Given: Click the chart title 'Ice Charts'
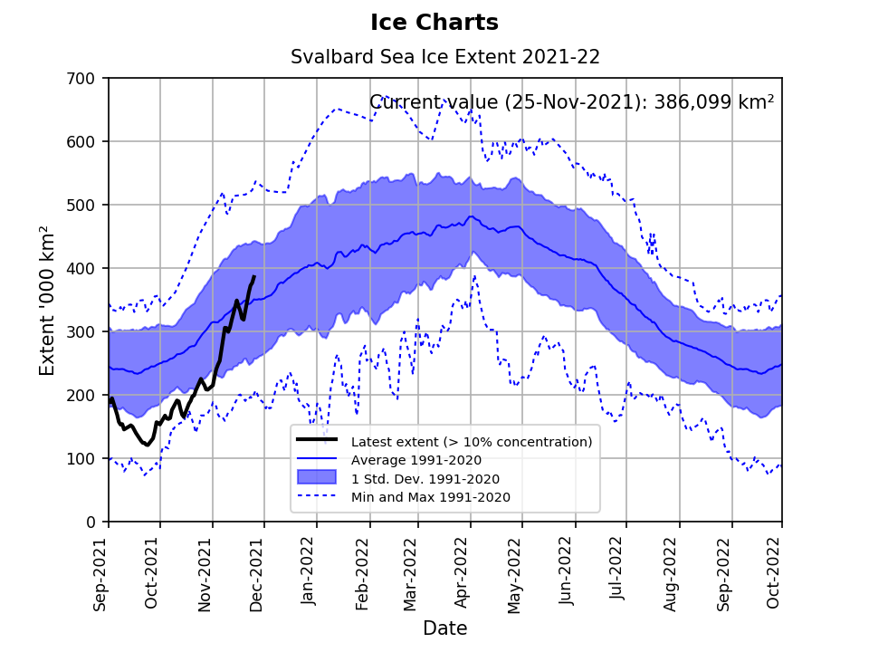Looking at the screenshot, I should pyautogui.click(x=434, y=23).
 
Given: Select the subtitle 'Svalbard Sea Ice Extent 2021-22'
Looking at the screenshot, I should pyautogui.click(x=444, y=57).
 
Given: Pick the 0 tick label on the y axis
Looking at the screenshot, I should pyautogui.click(x=91, y=523).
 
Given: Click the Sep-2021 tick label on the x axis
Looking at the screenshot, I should pyautogui.click(x=100, y=572).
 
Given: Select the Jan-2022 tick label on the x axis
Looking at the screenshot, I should pyautogui.click(x=308, y=572).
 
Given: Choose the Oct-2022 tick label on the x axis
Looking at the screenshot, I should pyautogui.click(x=775, y=572).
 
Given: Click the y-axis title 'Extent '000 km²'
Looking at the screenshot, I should pyautogui.click(x=48, y=301).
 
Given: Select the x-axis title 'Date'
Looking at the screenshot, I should pyautogui.click(x=444, y=628).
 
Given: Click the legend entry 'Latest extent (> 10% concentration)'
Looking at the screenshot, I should pyautogui.click(x=471, y=442).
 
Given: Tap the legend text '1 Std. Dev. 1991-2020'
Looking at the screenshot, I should pyautogui.click(x=425, y=478).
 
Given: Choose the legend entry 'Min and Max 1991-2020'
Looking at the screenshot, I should pyautogui.click(x=430, y=497).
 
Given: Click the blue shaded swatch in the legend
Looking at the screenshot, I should pyautogui.click(x=317, y=477).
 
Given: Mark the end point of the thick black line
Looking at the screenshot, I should pyautogui.click(x=254, y=277).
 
